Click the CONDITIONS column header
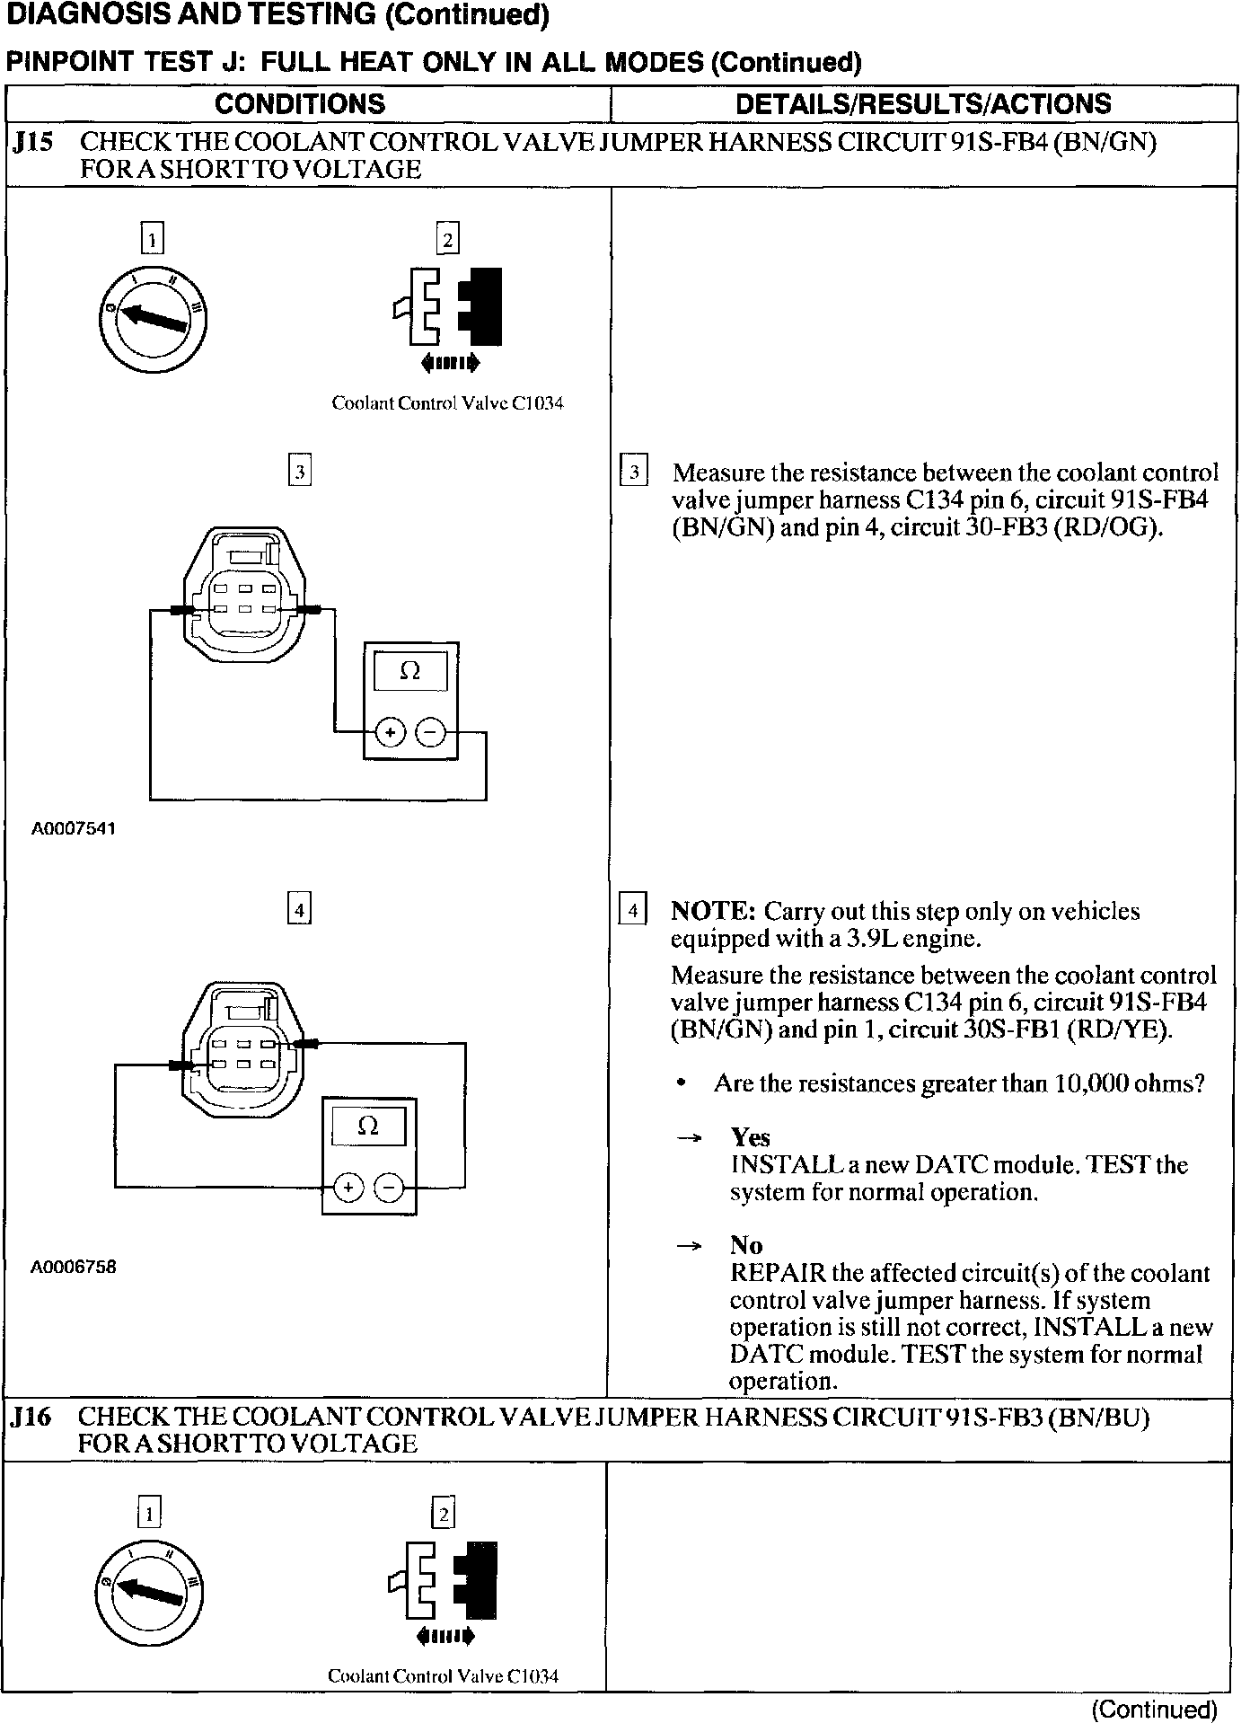point(300,104)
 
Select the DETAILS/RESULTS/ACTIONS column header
point(923,104)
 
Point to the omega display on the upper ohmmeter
point(409,671)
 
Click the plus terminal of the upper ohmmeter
point(390,733)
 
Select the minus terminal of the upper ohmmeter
point(430,733)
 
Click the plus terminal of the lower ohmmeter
point(348,1188)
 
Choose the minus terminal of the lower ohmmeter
point(389,1188)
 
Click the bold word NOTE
point(713,911)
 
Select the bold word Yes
point(750,1137)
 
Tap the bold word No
point(745,1245)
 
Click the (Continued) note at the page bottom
point(1154,1710)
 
